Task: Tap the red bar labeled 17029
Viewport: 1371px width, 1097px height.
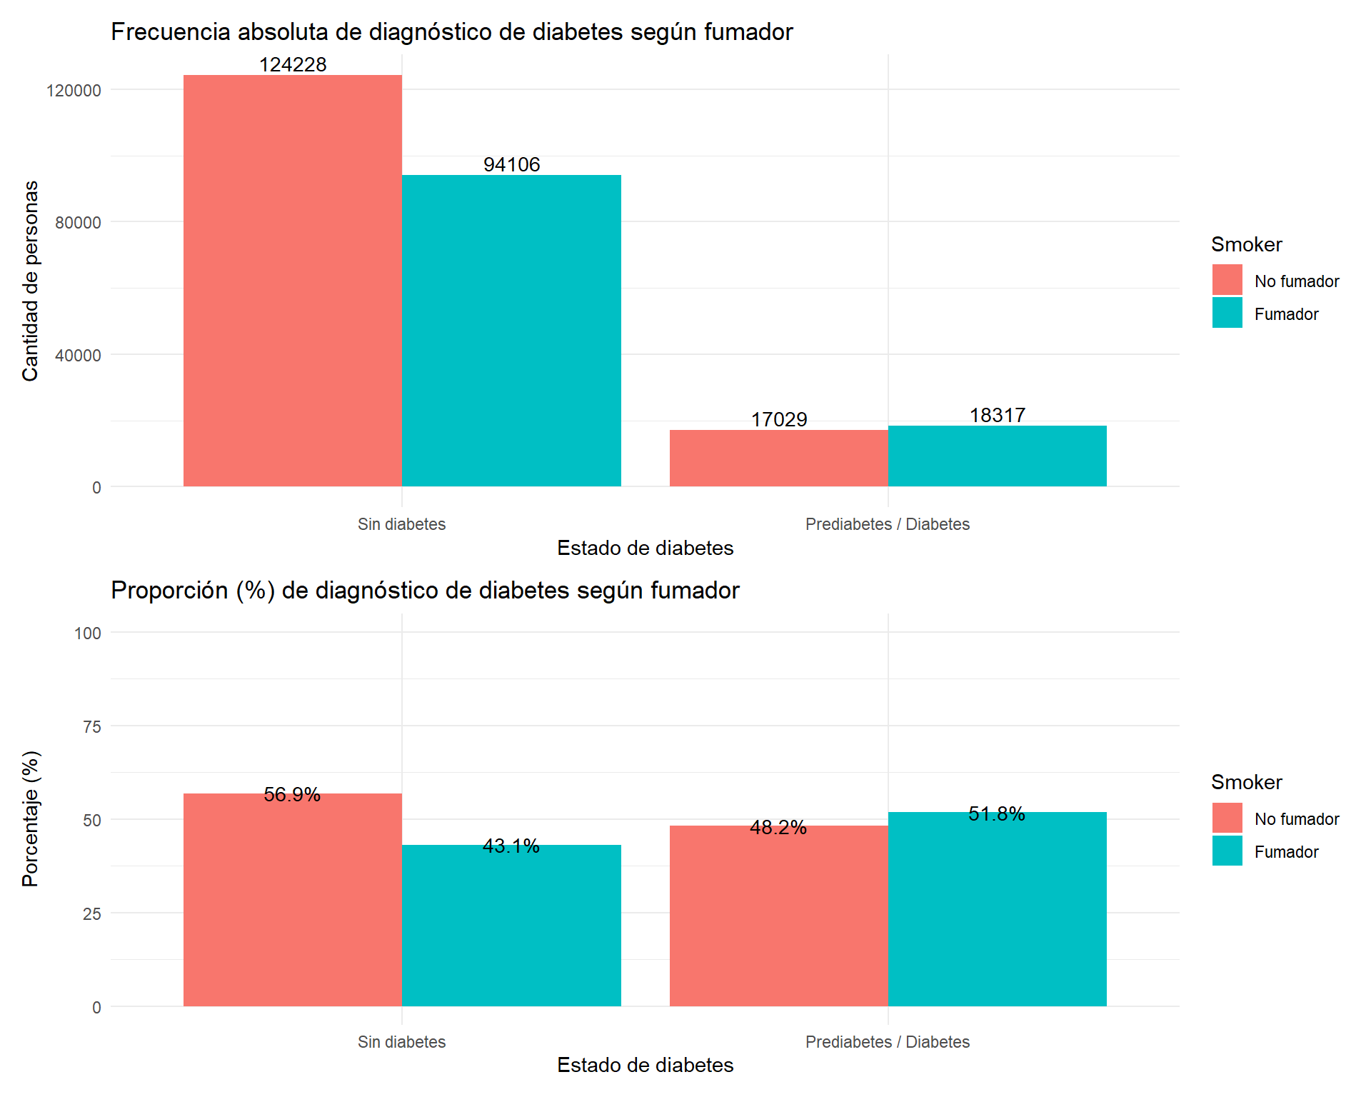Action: point(778,458)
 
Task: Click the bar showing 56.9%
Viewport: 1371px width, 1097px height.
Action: point(293,900)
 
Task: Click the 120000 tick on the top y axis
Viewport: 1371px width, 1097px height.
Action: point(74,91)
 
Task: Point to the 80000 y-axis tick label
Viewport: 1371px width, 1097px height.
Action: point(78,223)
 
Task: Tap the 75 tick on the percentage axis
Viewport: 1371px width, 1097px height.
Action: point(91,727)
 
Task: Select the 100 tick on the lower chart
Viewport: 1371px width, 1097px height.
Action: point(87,633)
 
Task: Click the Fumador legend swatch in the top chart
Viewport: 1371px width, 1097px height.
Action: point(1227,313)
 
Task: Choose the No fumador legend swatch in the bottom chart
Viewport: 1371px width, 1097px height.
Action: point(1227,818)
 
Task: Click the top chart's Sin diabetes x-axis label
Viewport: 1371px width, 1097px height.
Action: point(401,524)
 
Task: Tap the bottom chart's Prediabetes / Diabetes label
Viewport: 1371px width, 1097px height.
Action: point(887,1042)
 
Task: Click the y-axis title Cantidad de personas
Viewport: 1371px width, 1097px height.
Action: point(30,281)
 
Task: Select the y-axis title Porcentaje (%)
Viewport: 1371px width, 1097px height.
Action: point(30,819)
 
